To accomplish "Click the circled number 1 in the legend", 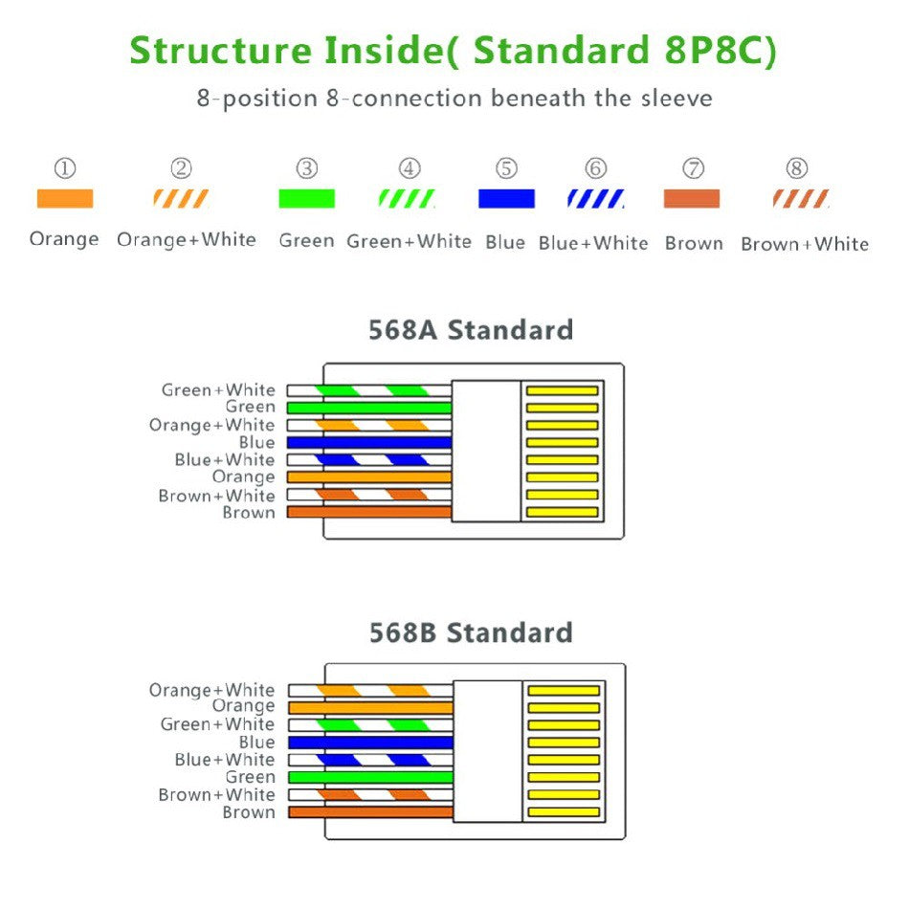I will click(64, 169).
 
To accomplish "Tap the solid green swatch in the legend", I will click(306, 199).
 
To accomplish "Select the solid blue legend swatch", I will click(506, 199).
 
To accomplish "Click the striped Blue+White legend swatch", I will click(595, 199).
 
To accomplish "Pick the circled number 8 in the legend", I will click(797, 169).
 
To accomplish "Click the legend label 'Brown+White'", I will click(805, 244).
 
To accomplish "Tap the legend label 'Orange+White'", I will click(187, 240).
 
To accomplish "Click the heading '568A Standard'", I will click(471, 330).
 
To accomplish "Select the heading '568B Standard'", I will click(471, 632).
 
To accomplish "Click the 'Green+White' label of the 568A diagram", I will click(218, 390).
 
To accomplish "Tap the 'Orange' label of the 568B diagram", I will click(243, 706).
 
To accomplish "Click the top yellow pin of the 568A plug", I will click(563, 390).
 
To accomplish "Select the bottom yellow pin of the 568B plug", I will click(564, 812).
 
